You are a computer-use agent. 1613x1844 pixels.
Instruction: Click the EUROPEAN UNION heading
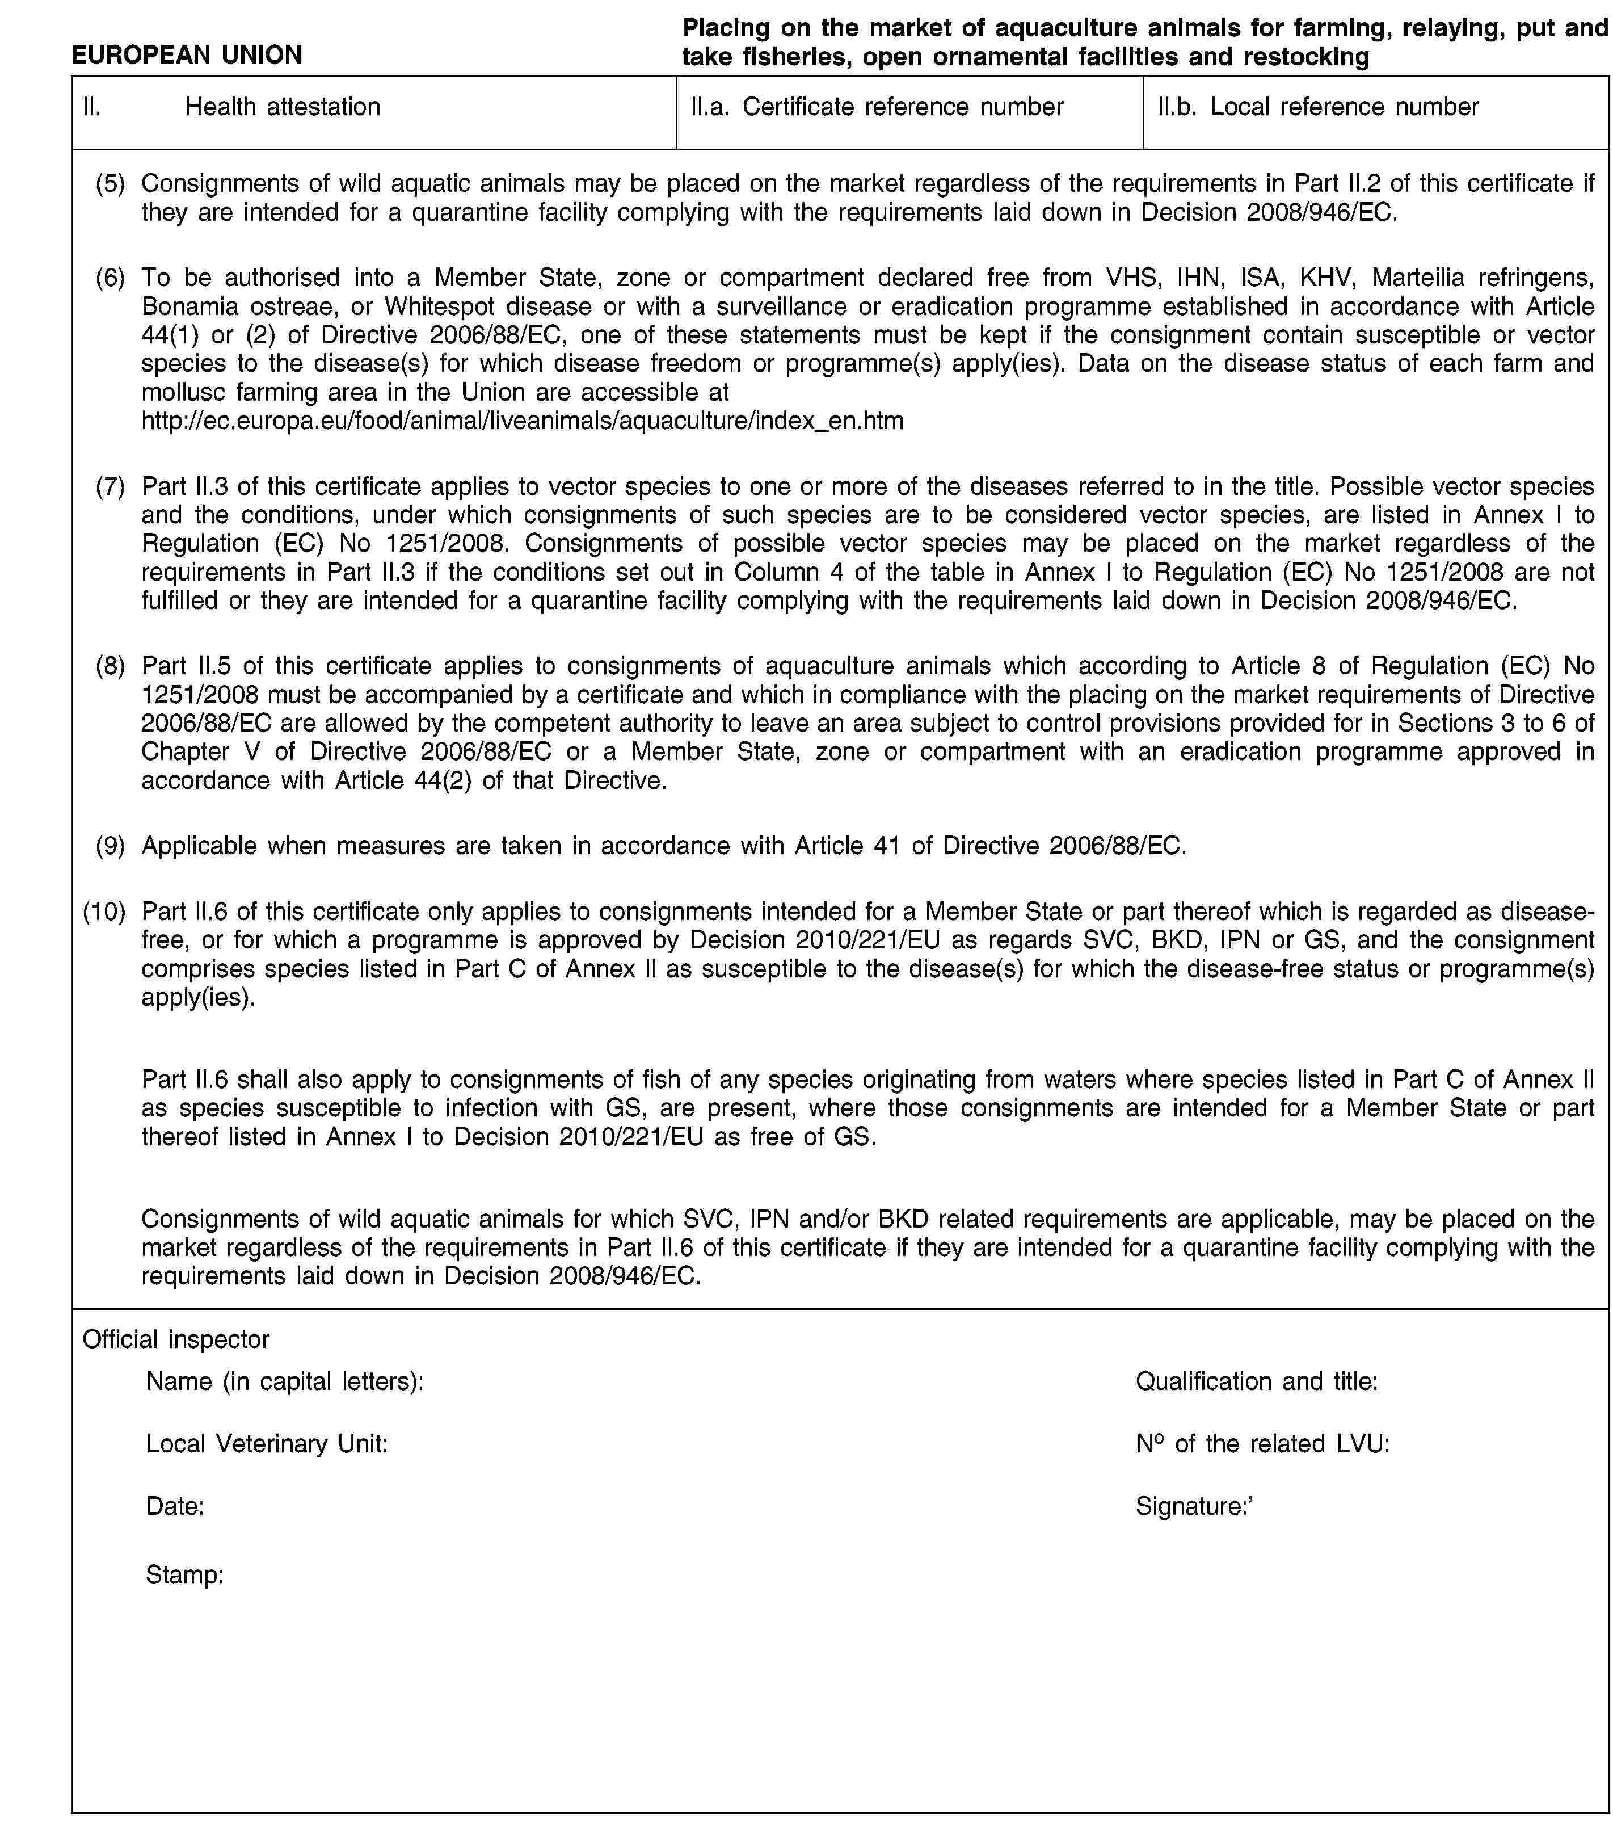(x=186, y=55)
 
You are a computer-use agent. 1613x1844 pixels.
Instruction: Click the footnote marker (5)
(x=111, y=184)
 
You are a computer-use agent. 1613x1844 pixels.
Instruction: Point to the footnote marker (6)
(x=111, y=278)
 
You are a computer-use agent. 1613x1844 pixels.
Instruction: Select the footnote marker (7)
(x=111, y=486)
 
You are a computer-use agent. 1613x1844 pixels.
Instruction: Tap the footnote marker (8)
(x=111, y=665)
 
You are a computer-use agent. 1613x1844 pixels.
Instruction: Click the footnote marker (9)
(x=111, y=846)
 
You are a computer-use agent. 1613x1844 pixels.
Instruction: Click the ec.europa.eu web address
(x=522, y=421)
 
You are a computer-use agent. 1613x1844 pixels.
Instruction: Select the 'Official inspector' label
(x=175, y=1339)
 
